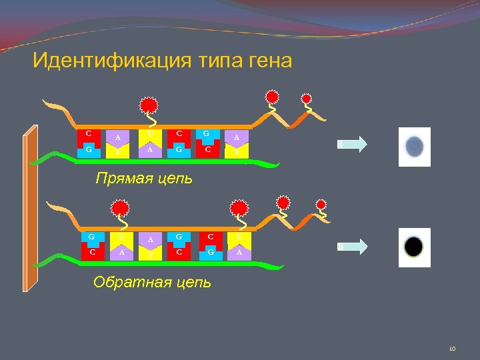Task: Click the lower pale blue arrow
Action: (352, 246)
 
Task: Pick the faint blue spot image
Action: (414, 144)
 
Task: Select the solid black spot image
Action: (413, 247)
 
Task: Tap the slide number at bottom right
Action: (451, 347)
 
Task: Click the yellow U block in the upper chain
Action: (151, 135)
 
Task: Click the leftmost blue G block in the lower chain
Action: (91, 237)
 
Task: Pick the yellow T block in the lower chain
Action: (151, 253)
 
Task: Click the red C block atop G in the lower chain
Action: (210, 237)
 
